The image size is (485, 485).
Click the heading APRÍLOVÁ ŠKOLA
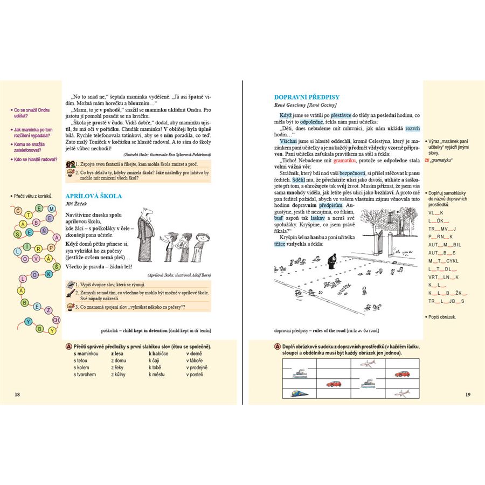[x=93, y=196]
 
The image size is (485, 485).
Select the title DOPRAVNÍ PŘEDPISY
[x=307, y=97]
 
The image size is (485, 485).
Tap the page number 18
[x=17, y=394]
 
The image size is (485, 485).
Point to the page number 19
[x=467, y=394]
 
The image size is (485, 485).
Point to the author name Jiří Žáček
[x=76, y=204]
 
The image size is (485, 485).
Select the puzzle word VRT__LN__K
[x=444, y=277]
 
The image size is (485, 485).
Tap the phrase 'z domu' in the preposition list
[x=118, y=360]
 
